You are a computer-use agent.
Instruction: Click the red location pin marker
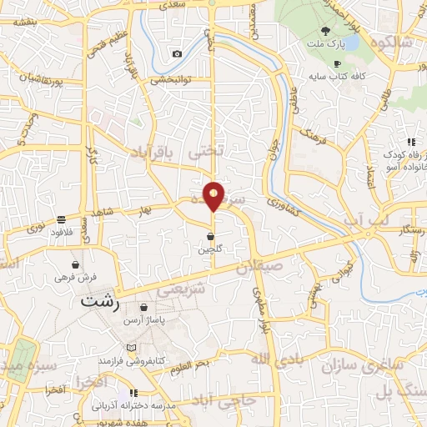[214, 195]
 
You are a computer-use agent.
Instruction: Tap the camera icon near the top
[177, 54]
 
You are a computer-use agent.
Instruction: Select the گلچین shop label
[209, 249]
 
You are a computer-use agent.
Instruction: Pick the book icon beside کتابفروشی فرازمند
[129, 347]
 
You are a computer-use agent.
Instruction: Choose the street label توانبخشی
[171, 81]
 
